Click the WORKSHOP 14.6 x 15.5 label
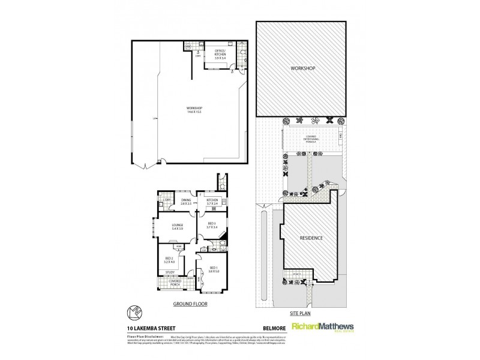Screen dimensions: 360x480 [194, 110]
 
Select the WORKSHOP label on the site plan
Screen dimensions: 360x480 [301, 68]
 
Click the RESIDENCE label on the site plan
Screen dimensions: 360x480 [311, 238]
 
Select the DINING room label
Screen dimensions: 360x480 [185, 202]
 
